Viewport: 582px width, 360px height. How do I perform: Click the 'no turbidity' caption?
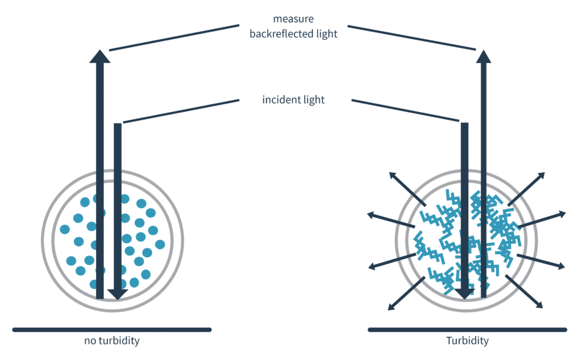tap(111, 341)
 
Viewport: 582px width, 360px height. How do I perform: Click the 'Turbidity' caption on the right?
tap(467, 341)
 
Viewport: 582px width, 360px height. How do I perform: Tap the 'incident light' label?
tap(293, 100)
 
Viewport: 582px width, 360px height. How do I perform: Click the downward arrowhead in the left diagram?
tap(117, 293)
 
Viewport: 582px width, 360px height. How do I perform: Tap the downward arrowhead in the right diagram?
tap(464, 292)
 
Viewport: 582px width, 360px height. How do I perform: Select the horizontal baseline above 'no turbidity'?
tap(111, 329)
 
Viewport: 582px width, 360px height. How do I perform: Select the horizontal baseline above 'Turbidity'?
tap(467, 329)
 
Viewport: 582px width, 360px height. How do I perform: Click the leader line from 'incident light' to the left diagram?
tap(181, 111)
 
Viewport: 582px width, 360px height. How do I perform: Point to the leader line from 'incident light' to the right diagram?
tap(405, 110)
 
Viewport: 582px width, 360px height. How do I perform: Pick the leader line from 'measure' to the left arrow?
tap(173, 37)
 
